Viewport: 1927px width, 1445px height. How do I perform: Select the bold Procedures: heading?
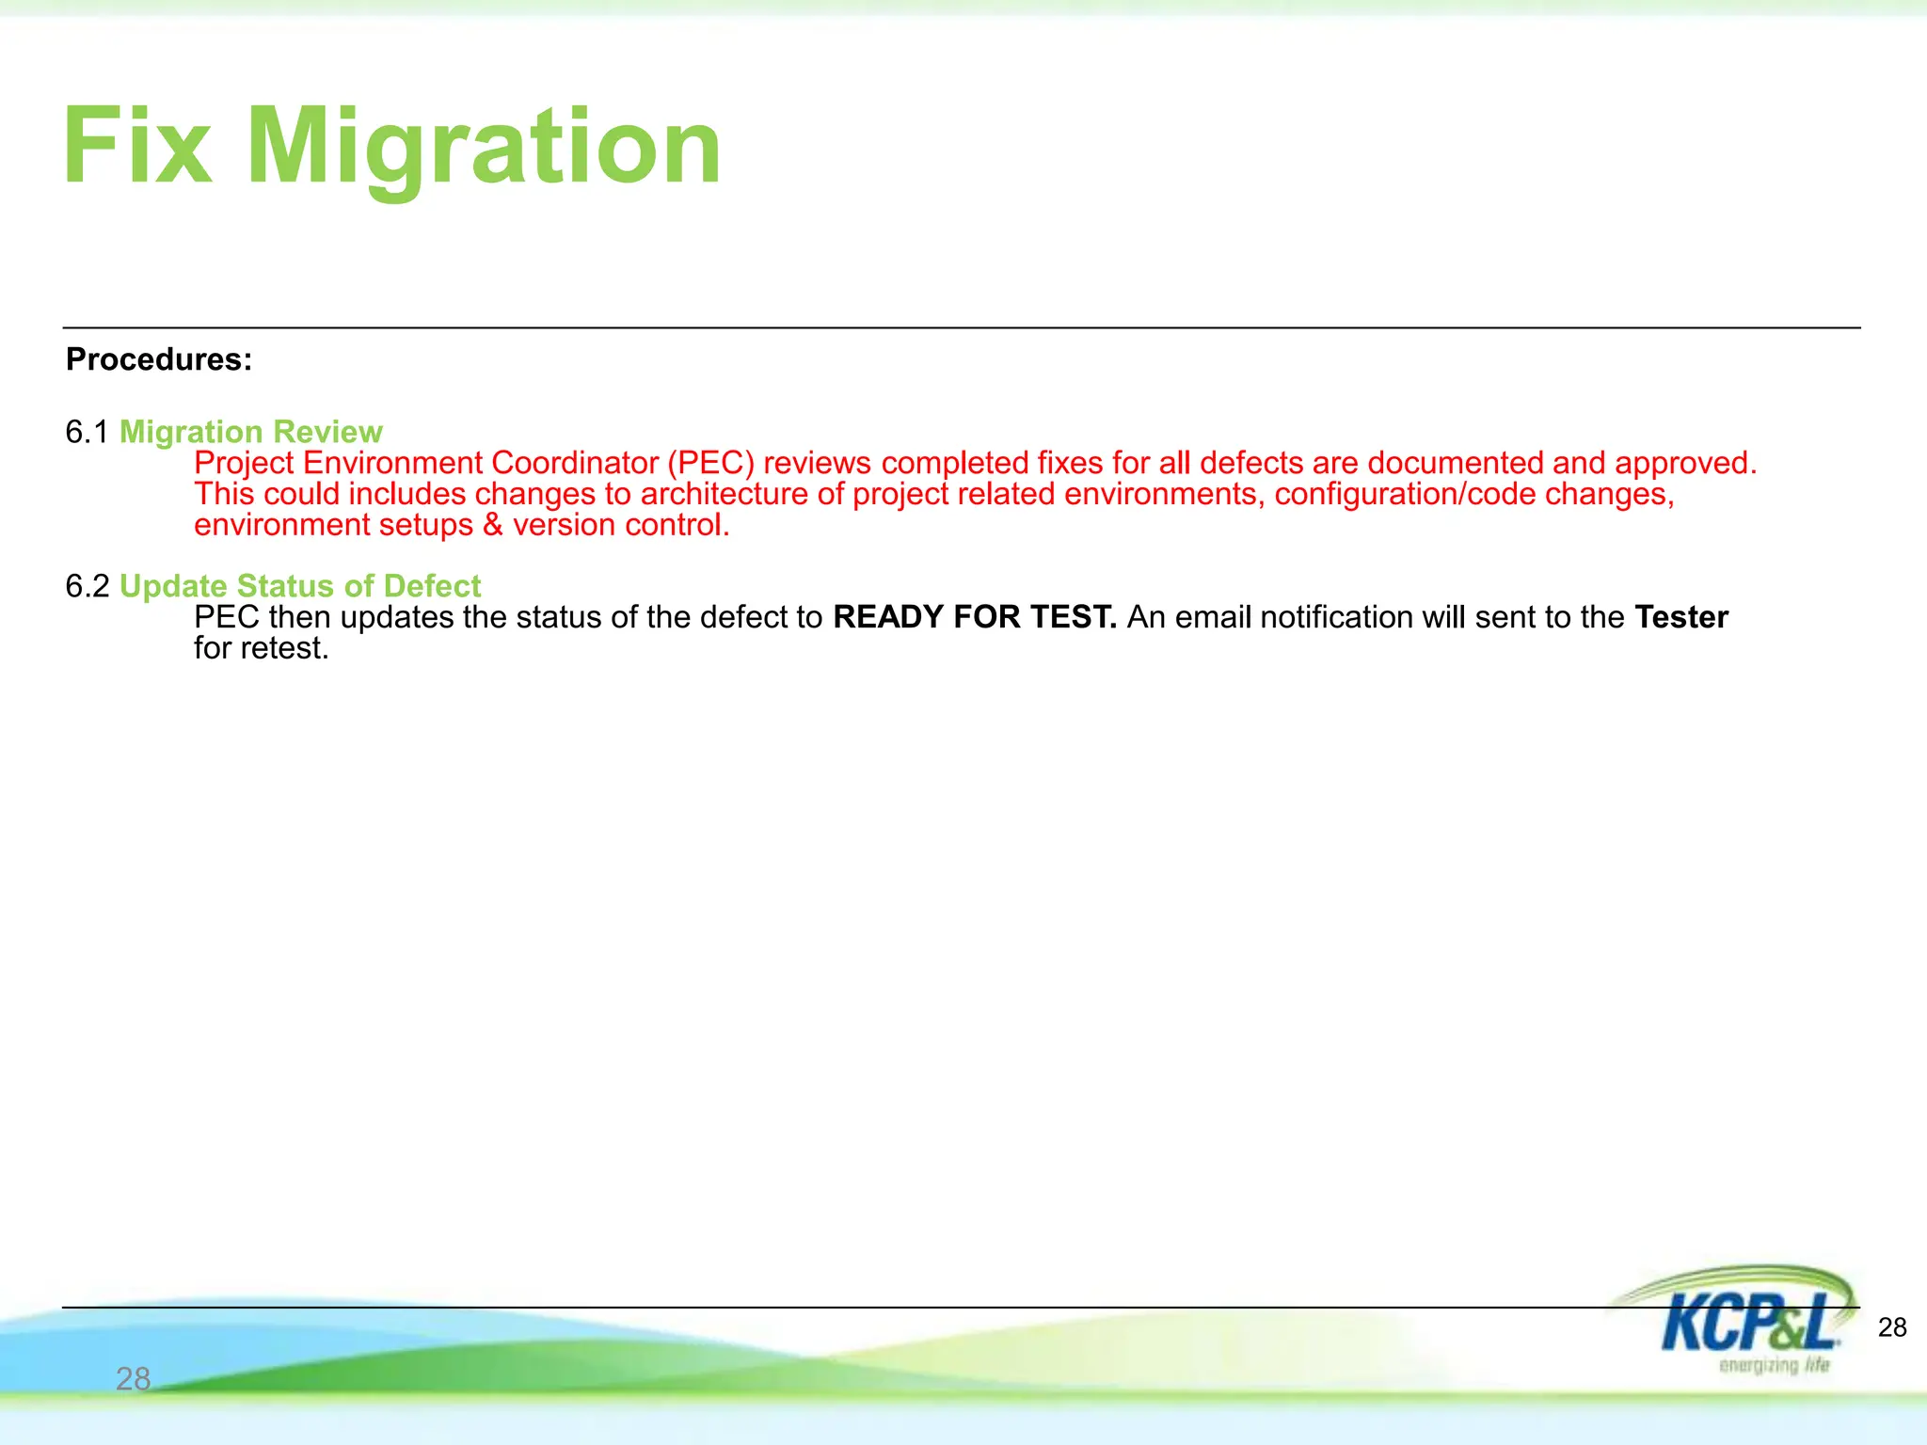click(x=159, y=359)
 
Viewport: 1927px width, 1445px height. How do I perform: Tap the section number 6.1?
click(x=88, y=432)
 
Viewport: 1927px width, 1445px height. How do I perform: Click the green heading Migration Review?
click(x=250, y=432)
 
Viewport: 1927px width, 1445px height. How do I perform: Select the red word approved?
click(x=1685, y=463)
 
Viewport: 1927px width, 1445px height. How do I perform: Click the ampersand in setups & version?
click(x=493, y=525)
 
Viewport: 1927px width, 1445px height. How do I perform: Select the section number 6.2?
click(x=88, y=586)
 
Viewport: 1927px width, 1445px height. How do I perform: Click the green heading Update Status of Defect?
click(x=300, y=586)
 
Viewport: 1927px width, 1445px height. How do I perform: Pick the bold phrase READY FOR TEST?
click(x=975, y=617)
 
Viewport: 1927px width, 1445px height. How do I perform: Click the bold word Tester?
click(x=1681, y=617)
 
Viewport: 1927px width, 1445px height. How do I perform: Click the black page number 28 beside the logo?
click(x=1891, y=1327)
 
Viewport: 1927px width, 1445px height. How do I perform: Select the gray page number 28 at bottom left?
click(x=133, y=1379)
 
